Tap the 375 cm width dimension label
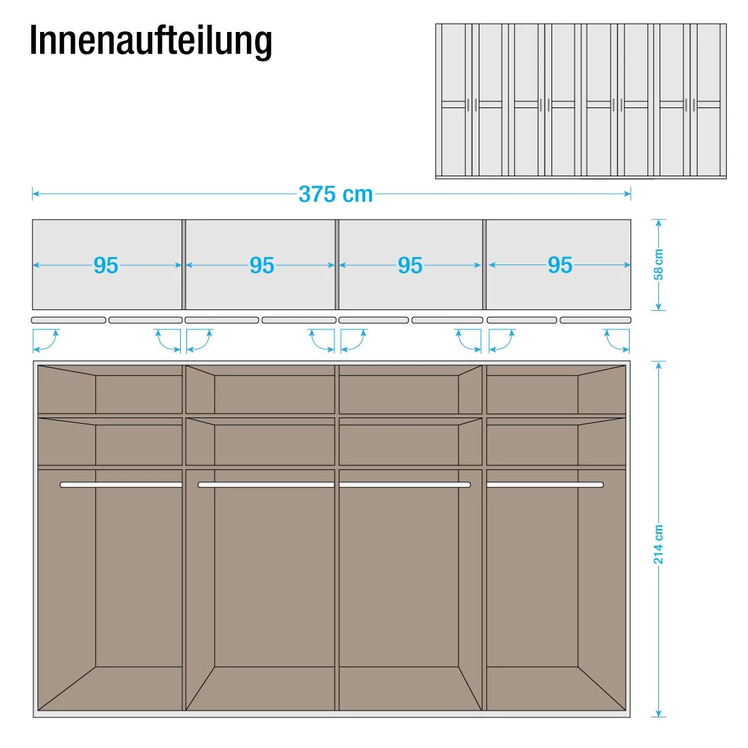pos(335,194)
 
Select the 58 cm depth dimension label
pos(658,265)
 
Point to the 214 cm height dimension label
pos(658,544)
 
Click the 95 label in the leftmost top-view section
pos(105,265)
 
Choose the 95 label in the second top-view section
pos(262,265)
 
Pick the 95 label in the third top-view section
pos(410,265)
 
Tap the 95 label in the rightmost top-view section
pos(560,265)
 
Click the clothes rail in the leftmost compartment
pos(121,485)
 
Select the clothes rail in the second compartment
pos(266,485)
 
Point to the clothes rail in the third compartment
pos(405,485)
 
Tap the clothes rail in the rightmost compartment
pos(545,485)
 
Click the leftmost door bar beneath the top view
pos(69,320)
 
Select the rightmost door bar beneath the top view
pos(596,320)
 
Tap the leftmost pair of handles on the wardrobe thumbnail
pos(473,105)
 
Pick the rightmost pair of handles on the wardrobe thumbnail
pos(690,105)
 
